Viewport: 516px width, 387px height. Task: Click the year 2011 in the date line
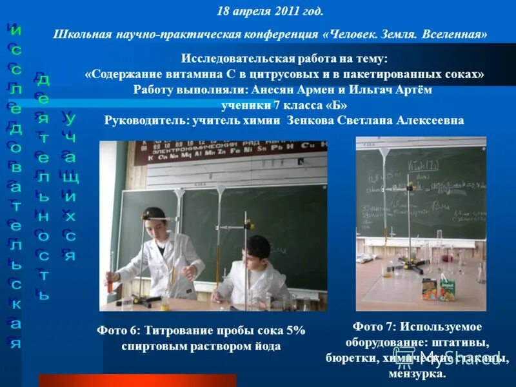tap(286, 12)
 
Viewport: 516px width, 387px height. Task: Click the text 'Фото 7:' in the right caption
tap(375, 326)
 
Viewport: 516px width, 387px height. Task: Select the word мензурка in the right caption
tap(417, 373)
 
